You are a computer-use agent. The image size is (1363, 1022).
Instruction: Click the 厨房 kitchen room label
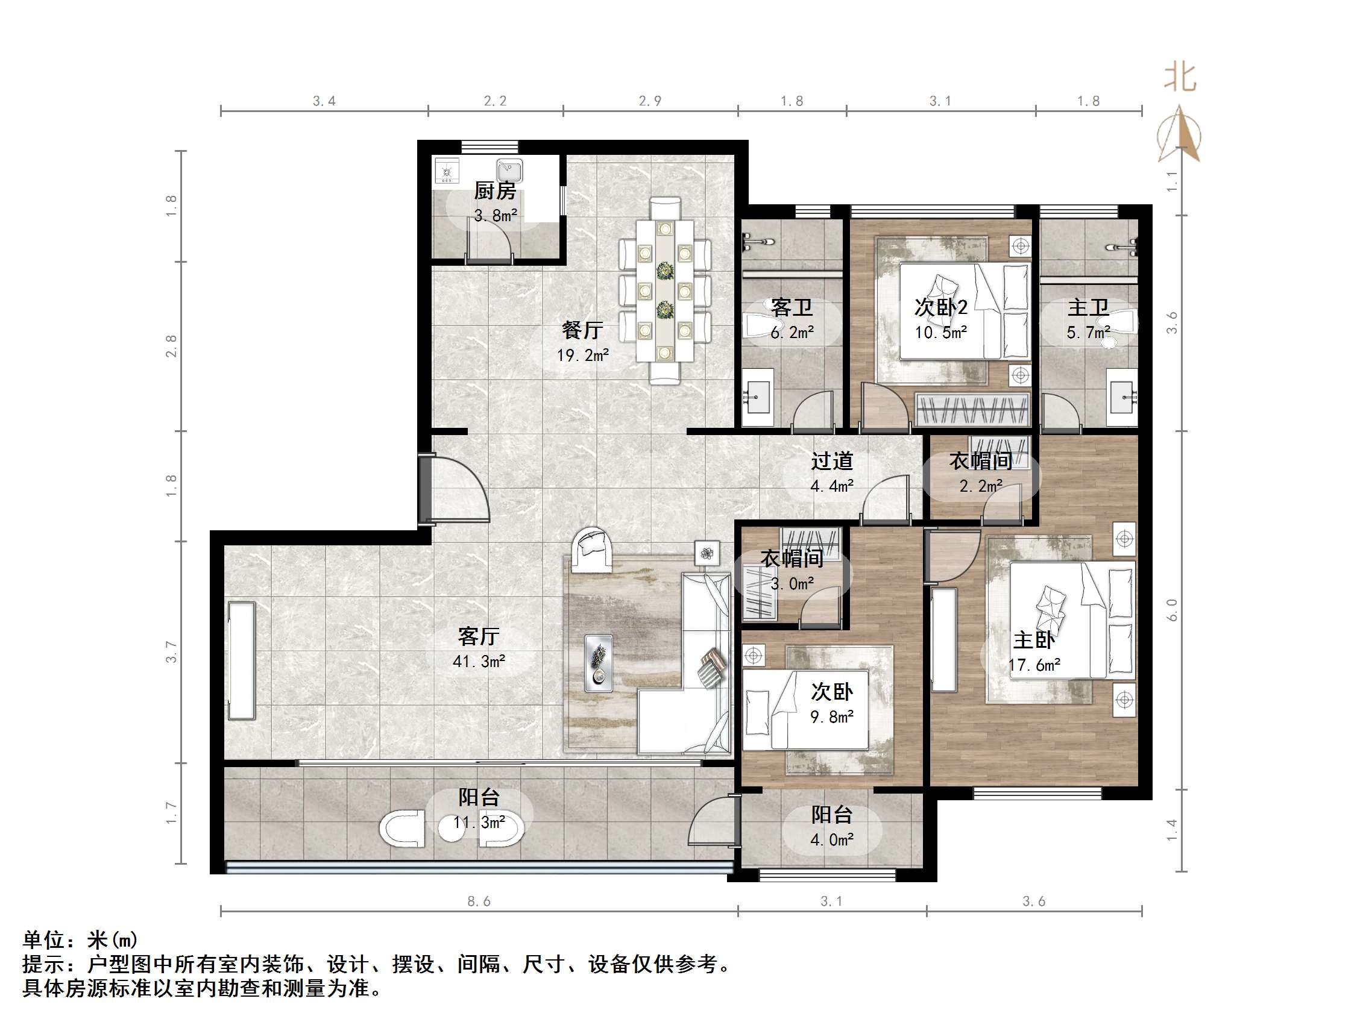tap(495, 191)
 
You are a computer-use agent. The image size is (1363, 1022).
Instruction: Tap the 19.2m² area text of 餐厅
tap(582, 356)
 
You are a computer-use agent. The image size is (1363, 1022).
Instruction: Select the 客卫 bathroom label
tap(792, 307)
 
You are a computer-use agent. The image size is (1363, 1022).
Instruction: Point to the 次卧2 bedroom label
tap(940, 307)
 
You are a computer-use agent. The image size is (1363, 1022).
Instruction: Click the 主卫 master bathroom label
tap(1088, 307)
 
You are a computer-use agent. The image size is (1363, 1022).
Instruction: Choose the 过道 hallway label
tap(832, 461)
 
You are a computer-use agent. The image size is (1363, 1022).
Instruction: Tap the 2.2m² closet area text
tap(981, 486)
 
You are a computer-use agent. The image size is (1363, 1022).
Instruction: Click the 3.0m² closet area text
tap(792, 583)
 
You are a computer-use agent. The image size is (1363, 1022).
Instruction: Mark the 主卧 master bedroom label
tap(1034, 640)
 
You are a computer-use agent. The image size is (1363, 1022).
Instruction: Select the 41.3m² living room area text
tap(479, 662)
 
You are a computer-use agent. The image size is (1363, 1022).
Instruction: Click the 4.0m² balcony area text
tap(832, 840)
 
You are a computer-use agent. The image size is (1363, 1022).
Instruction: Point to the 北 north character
tap(1179, 78)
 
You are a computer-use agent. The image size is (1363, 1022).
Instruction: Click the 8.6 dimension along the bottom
tap(479, 901)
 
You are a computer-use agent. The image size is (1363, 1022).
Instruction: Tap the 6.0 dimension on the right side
tap(1171, 610)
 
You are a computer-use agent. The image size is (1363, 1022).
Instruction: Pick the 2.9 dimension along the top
tap(650, 101)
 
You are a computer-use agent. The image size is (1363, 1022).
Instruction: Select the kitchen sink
tap(510, 169)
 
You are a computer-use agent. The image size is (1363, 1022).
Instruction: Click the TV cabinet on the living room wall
tap(242, 660)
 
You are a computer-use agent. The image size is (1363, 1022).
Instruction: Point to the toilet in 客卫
tap(757, 325)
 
